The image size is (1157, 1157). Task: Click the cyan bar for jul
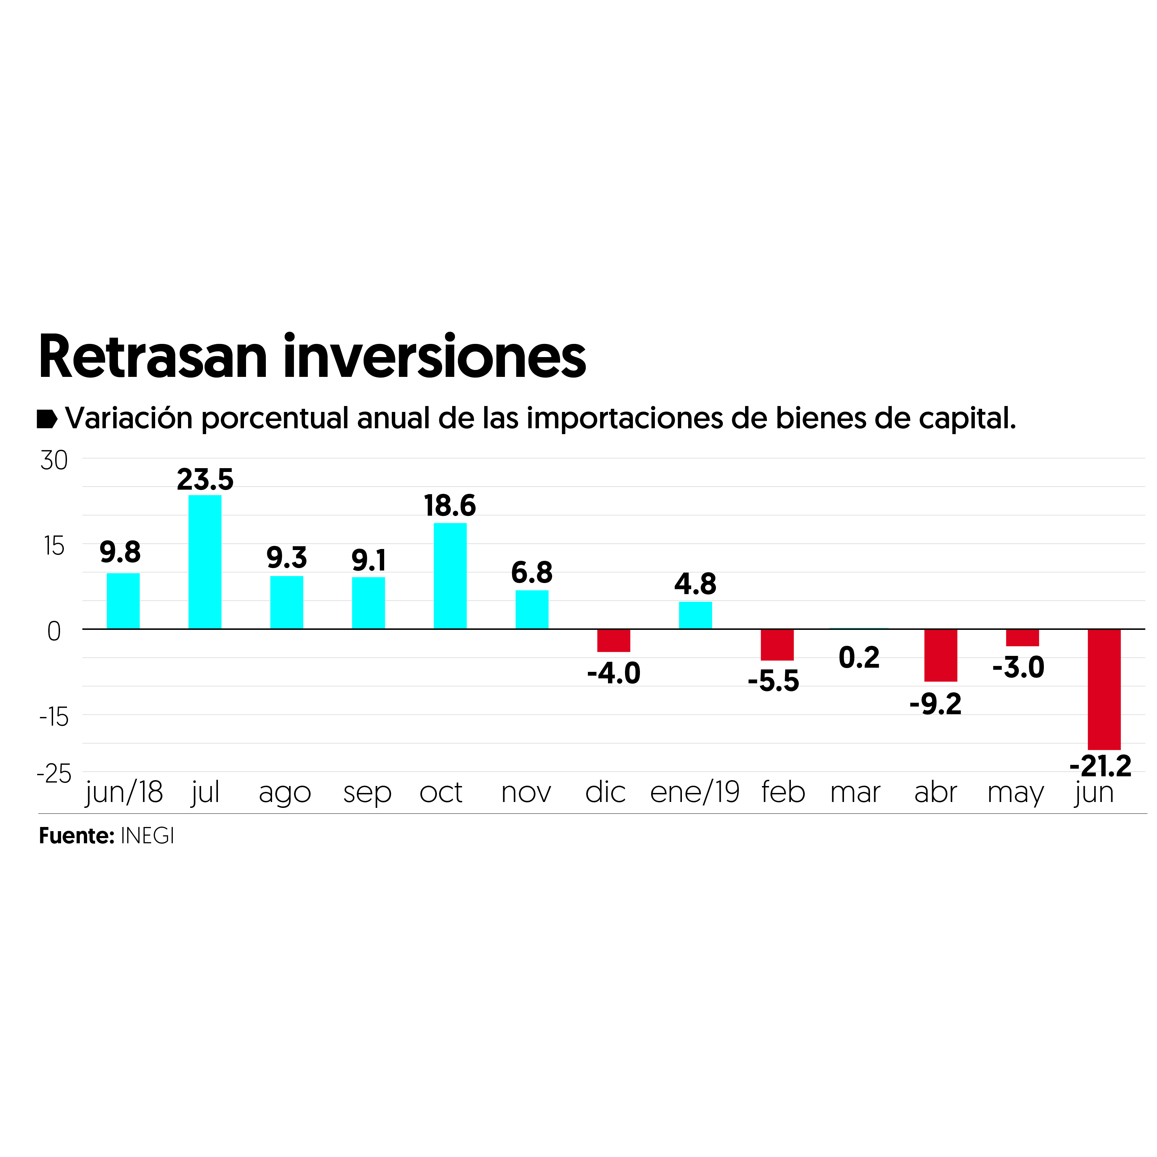tap(205, 562)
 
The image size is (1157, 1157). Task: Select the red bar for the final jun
tap(1104, 689)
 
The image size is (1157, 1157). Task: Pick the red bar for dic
tap(613, 640)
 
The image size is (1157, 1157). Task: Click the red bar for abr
tap(940, 655)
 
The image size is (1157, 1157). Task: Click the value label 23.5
tap(205, 480)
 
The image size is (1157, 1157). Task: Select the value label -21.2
tap(1101, 766)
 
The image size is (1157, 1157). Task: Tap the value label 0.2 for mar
tap(859, 658)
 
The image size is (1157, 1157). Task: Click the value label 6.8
tap(532, 573)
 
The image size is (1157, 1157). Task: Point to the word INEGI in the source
tap(147, 836)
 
